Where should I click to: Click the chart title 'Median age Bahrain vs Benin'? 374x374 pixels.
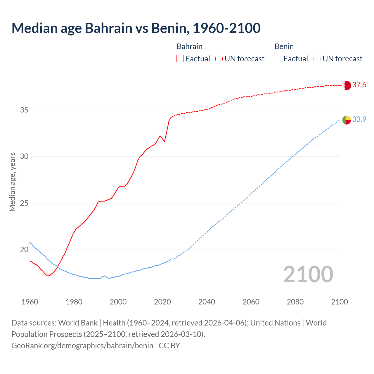tap(136, 28)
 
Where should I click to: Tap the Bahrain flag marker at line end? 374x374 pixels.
tap(347, 85)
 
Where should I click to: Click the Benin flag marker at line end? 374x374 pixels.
tap(347, 120)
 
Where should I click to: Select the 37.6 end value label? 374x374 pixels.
tap(359, 85)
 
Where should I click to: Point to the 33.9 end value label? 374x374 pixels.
tap(359, 120)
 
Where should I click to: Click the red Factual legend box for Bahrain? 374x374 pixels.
tap(180, 59)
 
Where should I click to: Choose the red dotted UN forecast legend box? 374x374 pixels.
tap(219, 59)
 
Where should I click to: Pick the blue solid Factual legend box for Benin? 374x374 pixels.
tap(278, 59)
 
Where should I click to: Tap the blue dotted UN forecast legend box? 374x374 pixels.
tap(317, 59)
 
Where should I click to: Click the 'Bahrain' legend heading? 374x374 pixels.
tap(189, 46)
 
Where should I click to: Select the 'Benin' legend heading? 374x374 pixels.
tap(284, 46)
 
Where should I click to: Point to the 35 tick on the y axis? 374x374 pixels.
tap(24, 110)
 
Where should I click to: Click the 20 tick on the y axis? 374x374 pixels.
tap(24, 250)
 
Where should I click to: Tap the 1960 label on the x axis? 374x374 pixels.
tap(30, 302)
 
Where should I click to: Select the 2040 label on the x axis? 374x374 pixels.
tap(207, 302)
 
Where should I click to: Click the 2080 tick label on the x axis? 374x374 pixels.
tap(295, 302)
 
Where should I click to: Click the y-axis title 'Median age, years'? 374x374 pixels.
tap(12, 182)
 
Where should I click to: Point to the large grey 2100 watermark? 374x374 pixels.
tap(308, 274)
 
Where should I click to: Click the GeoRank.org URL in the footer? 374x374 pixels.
tap(82, 346)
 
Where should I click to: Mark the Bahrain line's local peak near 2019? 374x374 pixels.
tap(160, 136)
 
